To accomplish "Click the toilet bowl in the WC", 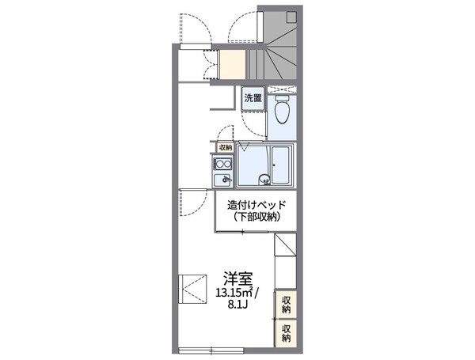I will click(280, 116).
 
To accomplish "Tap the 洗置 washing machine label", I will click(253, 99).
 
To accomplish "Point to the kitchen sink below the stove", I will click(222, 180).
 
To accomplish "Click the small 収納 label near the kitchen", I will click(226, 147).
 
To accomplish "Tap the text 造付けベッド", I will click(254, 205).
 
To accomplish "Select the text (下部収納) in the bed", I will click(254, 217).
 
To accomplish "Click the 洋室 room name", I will click(237, 279).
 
